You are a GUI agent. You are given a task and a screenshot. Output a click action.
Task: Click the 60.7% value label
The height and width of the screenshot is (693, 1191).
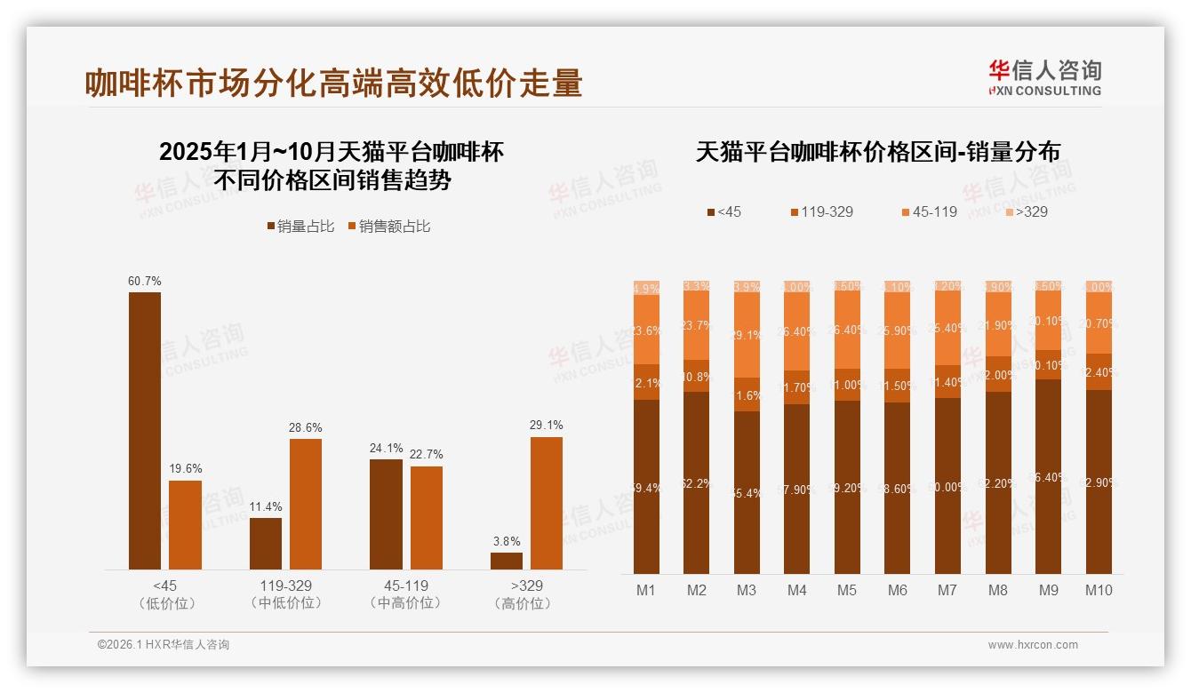(145, 282)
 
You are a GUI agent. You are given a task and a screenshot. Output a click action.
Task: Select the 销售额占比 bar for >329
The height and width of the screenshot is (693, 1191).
(546, 503)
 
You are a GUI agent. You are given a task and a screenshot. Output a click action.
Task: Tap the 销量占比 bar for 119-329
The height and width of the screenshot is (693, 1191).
(266, 544)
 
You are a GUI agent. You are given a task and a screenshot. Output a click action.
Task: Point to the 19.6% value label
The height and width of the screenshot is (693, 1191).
(185, 469)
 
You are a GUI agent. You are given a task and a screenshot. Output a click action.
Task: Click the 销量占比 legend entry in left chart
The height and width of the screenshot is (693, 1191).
(300, 227)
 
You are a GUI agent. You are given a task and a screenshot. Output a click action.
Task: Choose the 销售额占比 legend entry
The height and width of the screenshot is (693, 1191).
(389, 227)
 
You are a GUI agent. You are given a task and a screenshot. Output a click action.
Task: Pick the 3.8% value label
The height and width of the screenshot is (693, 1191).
(507, 541)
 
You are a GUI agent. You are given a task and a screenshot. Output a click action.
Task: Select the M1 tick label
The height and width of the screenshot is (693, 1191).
(646, 590)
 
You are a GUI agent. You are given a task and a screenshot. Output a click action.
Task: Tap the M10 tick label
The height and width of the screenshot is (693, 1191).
(1099, 590)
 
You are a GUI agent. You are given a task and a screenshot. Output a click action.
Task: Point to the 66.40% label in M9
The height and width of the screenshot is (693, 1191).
(1048, 477)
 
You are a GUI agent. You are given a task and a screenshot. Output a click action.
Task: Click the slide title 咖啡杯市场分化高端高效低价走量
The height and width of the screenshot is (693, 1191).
(333, 83)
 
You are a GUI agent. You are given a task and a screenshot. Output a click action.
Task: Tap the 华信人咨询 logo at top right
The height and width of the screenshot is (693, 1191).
(1044, 77)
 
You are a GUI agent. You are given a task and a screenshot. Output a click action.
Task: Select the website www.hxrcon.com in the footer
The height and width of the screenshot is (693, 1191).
(1033, 645)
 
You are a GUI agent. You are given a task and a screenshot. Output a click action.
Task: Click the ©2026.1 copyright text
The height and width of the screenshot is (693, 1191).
(163, 645)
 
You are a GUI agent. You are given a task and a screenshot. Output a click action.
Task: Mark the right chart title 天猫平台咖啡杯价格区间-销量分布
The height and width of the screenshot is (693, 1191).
(877, 151)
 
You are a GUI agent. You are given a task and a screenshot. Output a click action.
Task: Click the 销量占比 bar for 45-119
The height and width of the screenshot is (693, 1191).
(386, 514)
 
